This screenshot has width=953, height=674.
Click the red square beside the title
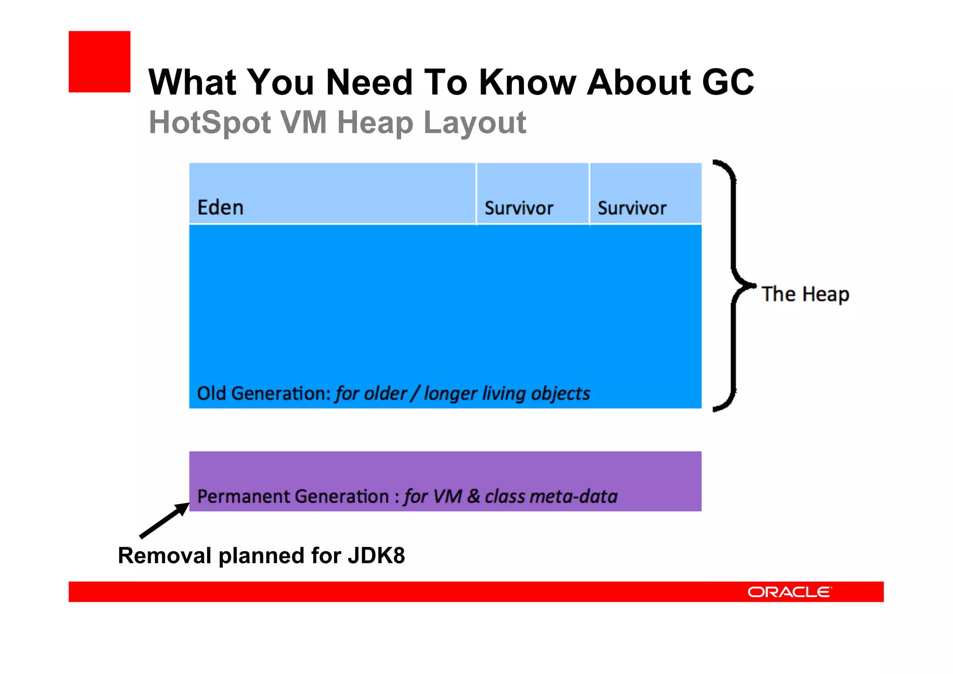click(99, 61)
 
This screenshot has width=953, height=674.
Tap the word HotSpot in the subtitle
click(210, 123)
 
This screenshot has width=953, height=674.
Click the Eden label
click(220, 208)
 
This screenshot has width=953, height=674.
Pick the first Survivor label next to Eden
click(519, 208)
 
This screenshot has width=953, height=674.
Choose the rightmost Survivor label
click(632, 208)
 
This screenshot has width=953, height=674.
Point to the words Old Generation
click(263, 394)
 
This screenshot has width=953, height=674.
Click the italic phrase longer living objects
click(507, 394)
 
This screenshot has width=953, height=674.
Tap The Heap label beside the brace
click(805, 294)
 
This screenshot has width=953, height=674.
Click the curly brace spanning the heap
click(733, 285)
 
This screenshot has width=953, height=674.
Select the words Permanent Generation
click(293, 497)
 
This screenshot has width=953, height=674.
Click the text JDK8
click(376, 556)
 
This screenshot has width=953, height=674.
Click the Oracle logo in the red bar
click(789, 592)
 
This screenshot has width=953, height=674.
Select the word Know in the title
click(528, 82)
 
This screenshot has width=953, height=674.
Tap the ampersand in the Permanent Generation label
click(473, 496)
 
